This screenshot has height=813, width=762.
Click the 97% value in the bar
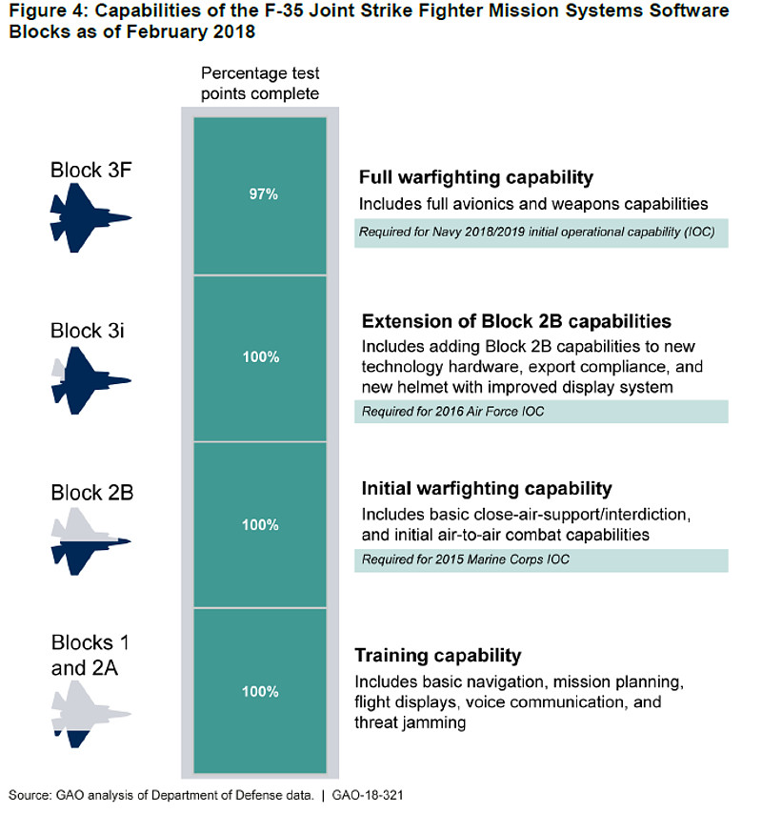click(x=259, y=194)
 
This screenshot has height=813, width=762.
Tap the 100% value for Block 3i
click(x=259, y=357)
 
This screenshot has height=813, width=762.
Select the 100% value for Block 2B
click(x=259, y=525)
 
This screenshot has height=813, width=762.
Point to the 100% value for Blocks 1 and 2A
click(x=259, y=692)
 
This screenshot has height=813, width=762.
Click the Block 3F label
click(x=91, y=171)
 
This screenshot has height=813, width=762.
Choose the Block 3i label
click(x=89, y=331)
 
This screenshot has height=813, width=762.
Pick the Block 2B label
click(x=91, y=494)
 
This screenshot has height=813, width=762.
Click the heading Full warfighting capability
click(x=476, y=177)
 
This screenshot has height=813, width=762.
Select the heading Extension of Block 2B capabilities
click(x=516, y=320)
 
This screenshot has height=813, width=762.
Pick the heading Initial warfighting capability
click(x=486, y=489)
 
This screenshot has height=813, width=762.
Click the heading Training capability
click(x=438, y=656)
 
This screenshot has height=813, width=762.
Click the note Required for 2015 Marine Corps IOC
click(x=465, y=559)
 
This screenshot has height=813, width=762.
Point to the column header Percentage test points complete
click(x=259, y=84)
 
